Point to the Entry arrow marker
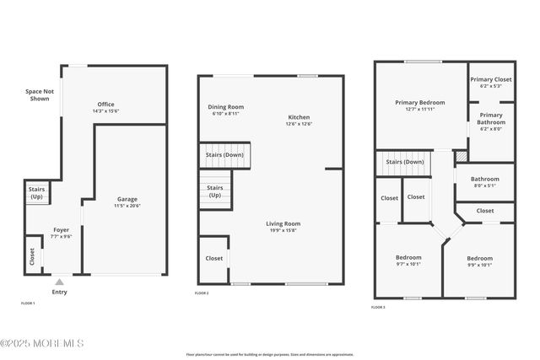59,282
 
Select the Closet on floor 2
213,258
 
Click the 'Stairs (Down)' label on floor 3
405,162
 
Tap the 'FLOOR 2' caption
202,293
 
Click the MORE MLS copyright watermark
42,343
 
